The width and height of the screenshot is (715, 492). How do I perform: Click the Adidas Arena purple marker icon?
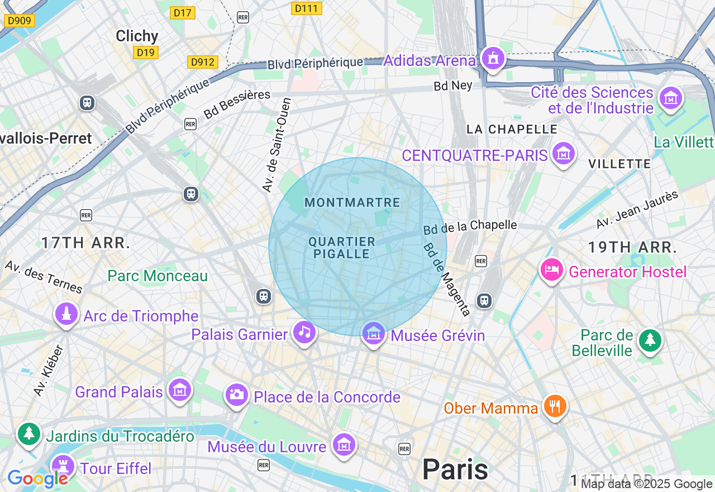point(492,58)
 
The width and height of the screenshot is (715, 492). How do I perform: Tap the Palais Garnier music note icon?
point(304,332)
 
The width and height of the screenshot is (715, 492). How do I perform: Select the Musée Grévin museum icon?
point(373,333)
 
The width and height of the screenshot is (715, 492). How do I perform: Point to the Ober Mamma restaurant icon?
point(555,406)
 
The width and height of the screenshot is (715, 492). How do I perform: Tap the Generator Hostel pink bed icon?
point(552,269)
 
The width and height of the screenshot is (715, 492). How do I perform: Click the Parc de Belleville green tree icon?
point(650,339)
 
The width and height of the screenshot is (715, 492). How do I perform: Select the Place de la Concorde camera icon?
point(236,395)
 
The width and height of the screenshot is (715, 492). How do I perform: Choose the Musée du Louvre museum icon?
point(344,445)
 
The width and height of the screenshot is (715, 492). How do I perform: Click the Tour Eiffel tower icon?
point(63,466)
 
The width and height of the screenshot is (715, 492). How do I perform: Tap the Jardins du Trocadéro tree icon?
point(29,434)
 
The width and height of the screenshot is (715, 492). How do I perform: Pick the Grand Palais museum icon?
point(180,390)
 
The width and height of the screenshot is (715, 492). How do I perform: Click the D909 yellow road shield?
point(20,21)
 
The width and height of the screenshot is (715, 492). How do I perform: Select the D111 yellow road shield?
point(307,8)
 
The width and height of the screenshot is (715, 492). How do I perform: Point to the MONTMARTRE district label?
point(352,202)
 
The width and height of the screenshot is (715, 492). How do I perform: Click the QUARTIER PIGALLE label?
point(342,248)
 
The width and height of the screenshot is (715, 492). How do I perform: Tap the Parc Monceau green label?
point(158,276)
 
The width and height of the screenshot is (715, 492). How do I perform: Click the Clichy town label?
point(137,36)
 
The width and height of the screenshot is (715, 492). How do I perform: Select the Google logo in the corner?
point(37,479)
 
